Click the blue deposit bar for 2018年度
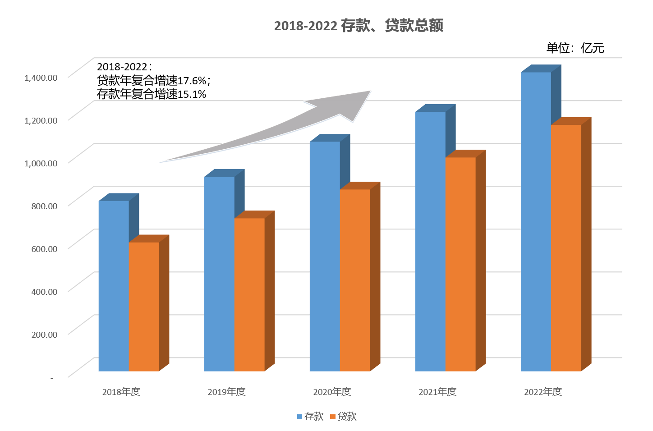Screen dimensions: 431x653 coord(114,286)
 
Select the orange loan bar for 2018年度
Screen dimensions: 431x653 coord(144,307)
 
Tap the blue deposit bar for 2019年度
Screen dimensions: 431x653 coord(219,274)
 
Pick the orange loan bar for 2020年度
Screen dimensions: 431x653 coord(355,280)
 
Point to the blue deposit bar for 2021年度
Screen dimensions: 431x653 coord(430,241)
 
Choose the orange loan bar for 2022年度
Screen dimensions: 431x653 coord(566,248)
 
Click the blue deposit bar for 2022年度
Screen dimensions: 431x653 coord(536,221)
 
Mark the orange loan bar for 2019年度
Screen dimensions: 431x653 coord(249,294)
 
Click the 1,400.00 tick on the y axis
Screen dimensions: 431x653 coord(41,78)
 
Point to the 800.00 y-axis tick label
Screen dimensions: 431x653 coord(44,206)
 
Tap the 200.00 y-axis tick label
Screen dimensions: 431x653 coord(44,335)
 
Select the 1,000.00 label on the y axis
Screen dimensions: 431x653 coord(41,163)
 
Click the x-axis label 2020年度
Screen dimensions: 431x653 coord(332,392)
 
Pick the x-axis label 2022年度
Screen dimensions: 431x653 coord(543,392)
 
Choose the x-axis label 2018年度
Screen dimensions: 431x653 coord(121,392)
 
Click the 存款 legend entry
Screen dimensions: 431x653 coord(310,417)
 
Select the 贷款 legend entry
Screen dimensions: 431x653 coord(344,417)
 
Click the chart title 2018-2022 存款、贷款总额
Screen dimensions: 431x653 coord(359,26)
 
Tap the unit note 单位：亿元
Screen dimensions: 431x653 coord(575,48)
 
